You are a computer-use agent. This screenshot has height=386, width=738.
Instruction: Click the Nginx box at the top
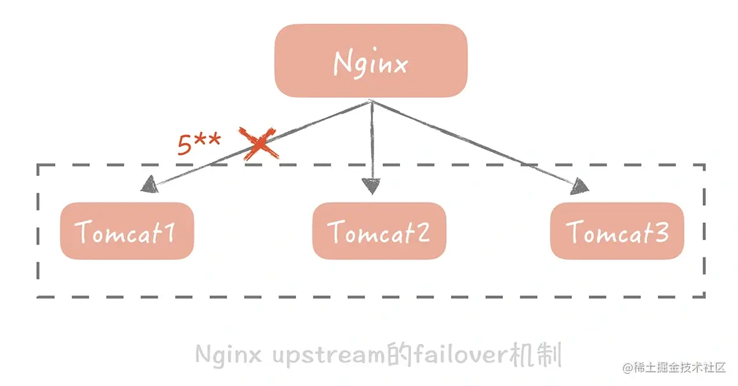coord(370,61)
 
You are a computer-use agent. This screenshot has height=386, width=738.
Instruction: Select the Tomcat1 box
coord(127,231)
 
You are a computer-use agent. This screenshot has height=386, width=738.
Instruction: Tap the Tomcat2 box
coord(379,231)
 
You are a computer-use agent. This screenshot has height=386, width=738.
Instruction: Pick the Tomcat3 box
coord(617,231)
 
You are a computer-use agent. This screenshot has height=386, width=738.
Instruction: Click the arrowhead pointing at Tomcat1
coord(149,185)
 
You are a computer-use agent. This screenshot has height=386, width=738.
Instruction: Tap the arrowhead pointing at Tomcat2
coord(372,187)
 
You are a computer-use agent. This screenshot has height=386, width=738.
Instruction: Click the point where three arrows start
coord(371,102)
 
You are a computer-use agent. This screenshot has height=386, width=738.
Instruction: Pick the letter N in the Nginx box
coord(343,63)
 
